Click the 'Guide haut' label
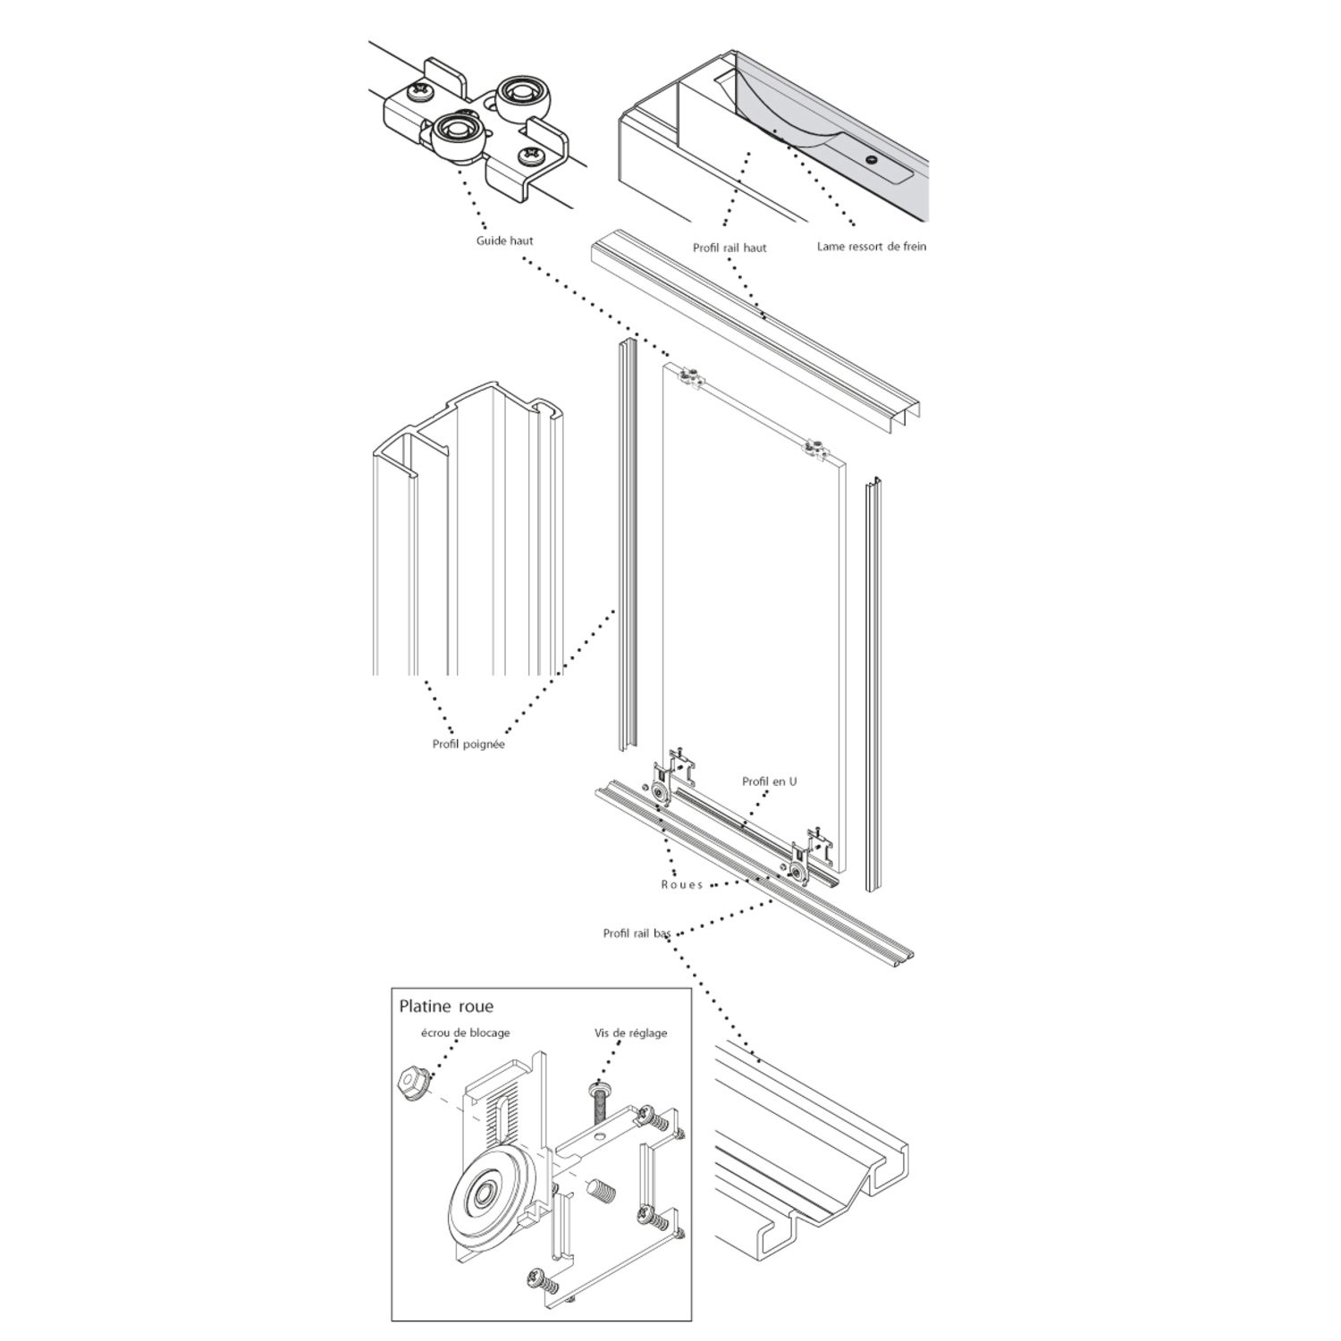coord(505,240)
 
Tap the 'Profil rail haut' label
coord(730,248)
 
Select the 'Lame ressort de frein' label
coord(872,246)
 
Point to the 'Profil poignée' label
coord(468,744)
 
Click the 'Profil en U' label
coord(769,781)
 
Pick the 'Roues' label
coord(682,884)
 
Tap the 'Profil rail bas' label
coord(637,933)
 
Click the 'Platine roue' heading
coord(445,1007)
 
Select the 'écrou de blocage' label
coord(465,1033)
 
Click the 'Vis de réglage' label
coord(630,1033)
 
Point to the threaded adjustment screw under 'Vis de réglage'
coord(599,1102)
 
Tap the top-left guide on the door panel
coord(690,380)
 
